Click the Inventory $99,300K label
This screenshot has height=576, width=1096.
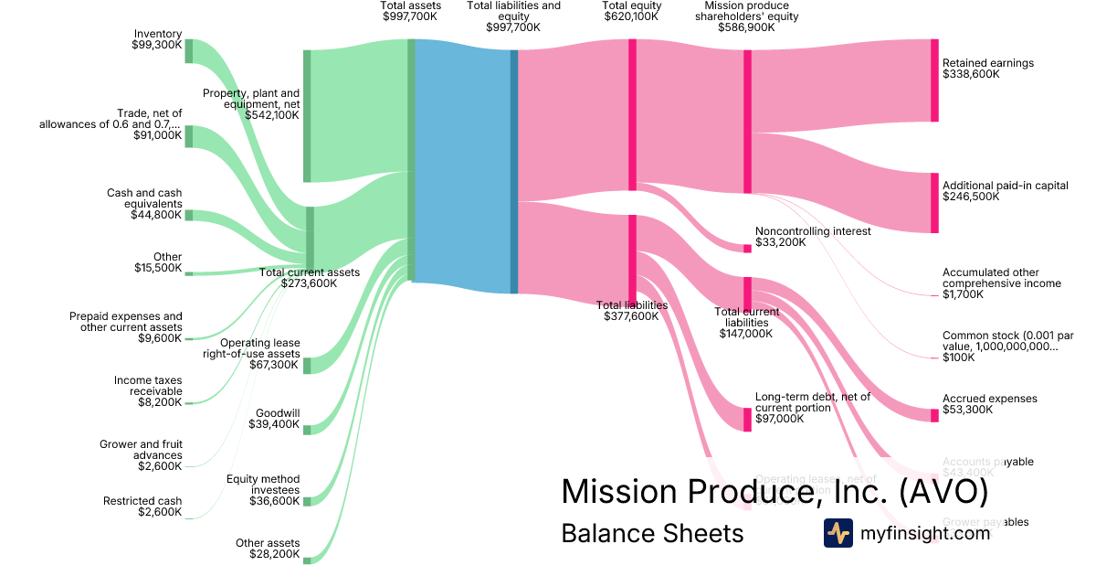157,39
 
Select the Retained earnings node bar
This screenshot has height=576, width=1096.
934,80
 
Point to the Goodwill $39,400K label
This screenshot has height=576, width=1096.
277,418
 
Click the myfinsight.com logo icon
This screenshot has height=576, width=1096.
838,533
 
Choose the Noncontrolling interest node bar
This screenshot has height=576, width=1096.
747,249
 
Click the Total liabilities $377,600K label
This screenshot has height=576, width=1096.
631,311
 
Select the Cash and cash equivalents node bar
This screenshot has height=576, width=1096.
189,215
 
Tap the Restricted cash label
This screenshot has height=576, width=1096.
142,507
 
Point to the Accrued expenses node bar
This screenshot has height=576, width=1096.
934,415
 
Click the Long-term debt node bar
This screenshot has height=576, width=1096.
747,420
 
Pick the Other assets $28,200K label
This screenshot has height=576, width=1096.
267,549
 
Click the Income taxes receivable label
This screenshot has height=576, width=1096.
148,391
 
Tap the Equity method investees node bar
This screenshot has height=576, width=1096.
307,500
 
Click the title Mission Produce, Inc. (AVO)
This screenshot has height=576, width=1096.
775,491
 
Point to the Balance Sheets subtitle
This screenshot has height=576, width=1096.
652,533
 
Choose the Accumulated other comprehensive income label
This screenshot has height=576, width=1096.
1001,283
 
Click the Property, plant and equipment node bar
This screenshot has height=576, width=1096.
307,116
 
